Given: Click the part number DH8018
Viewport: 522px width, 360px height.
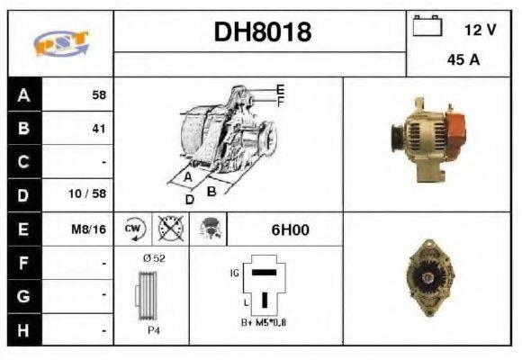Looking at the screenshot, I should (262, 32).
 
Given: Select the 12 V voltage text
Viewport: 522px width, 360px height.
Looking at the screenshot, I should (480, 30).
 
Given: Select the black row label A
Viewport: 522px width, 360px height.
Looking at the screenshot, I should (23, 94).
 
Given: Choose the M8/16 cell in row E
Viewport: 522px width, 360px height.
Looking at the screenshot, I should (88, 229).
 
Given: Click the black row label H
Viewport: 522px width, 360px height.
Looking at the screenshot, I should (23, 330).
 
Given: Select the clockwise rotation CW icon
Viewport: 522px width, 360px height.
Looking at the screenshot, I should (134, 229).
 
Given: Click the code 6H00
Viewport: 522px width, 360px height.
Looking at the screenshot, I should (290, 229).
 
